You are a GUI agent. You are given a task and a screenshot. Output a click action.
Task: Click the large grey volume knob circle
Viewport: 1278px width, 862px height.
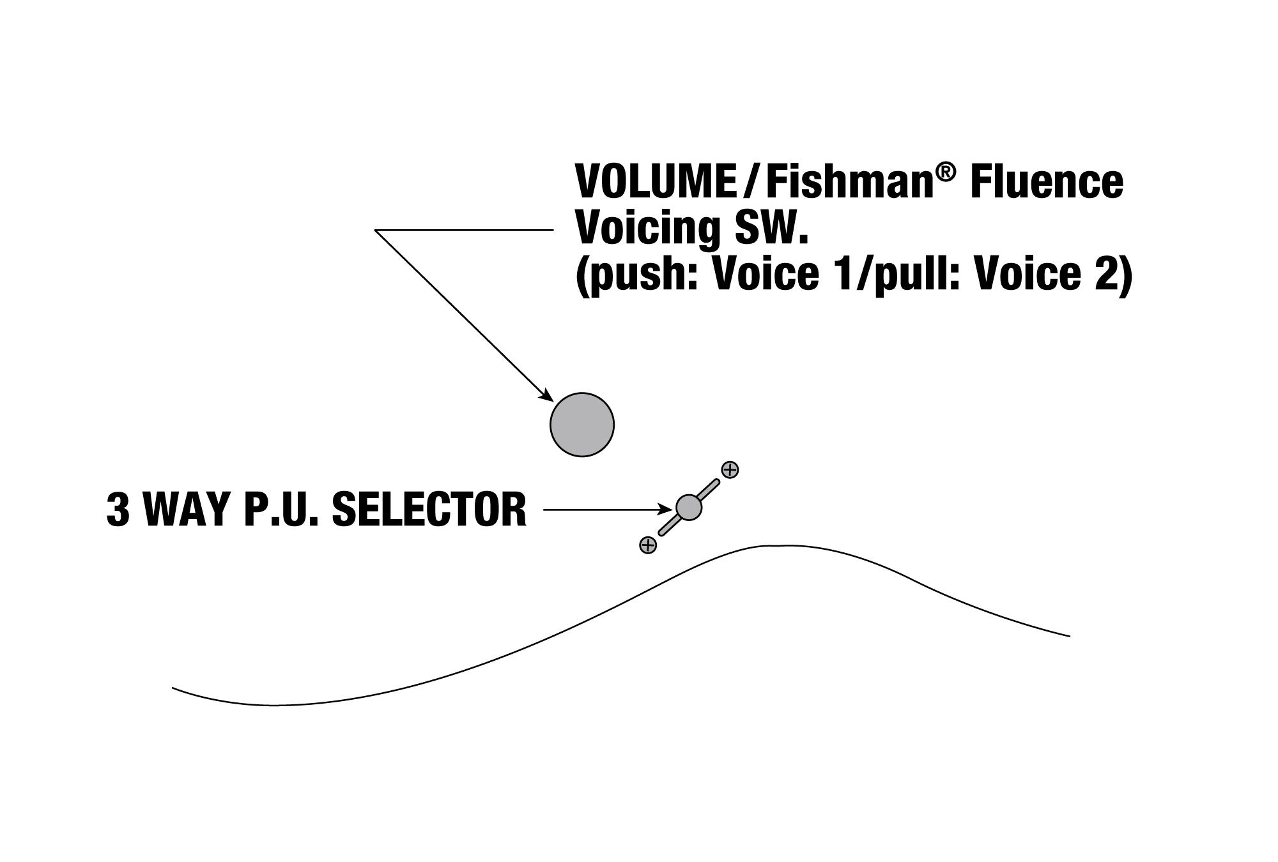pos(582,425)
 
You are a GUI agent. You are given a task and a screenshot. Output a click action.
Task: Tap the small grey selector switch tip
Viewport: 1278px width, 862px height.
pos(689,507)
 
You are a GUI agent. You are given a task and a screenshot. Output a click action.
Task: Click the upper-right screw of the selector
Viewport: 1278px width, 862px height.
pos(730,470)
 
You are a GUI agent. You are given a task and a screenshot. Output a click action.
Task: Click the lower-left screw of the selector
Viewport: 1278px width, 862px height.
pos(648,545)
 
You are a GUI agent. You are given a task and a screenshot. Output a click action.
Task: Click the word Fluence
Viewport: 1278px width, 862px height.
pos(1047,182)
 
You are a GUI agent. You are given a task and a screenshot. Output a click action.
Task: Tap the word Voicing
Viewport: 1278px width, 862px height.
pos(649,230)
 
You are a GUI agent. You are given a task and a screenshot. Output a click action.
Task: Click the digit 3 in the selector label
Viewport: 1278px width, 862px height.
pos(118,509)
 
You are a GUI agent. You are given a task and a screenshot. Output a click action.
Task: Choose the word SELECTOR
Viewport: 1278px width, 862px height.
pos(430,509)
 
